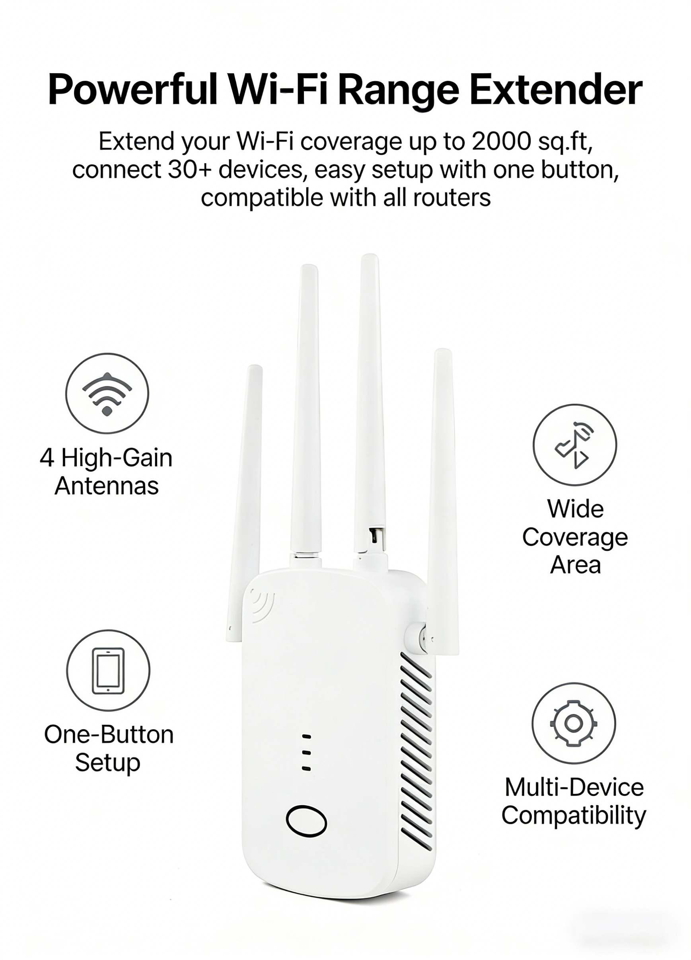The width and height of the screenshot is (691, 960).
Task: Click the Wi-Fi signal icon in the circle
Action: tap(107, 394)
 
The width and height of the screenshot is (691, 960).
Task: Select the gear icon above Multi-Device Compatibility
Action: tap(573, 724)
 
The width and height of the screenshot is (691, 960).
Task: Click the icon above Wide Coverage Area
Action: tap(574, 445)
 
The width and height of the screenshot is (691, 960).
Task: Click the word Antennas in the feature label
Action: tap(107, 486)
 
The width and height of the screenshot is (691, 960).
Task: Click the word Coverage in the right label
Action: tap(574, 538)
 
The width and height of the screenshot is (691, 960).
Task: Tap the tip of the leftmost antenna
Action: tap(254, 369)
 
